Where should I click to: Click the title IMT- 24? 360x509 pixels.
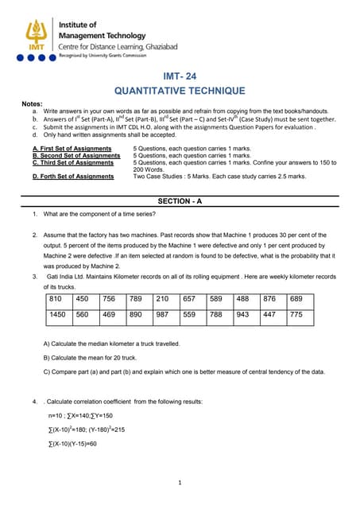pos(179,77)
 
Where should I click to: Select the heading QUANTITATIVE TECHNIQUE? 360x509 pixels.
pos(180,91)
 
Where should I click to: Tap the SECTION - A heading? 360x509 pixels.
pos(180,201)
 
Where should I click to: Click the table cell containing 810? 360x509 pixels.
pos(56,299)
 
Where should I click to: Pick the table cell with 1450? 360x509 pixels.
pos(57,315)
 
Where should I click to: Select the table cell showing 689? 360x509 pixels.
pos(296,299)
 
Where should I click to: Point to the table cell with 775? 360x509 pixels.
pos(296,315)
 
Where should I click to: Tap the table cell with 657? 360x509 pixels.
pos(189,299)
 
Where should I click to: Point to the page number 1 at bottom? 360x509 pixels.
pos(180,482)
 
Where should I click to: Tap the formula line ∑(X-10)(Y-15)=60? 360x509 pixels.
pos(72,443)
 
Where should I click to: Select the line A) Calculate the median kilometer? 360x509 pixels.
pos(111,343)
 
